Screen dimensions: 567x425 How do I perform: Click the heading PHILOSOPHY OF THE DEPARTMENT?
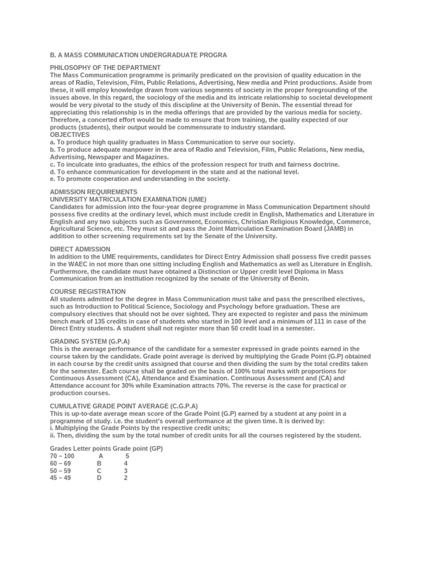(x=105, y=68)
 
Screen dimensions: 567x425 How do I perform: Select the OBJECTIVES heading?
(x=70, y=135)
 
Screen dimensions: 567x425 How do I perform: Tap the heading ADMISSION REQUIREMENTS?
(x=94, y=192)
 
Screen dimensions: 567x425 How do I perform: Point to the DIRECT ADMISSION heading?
(x=80, y=249)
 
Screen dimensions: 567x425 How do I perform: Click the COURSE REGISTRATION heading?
(x=87, y=291)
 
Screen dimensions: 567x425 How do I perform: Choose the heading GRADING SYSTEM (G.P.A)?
(x=90, y=341)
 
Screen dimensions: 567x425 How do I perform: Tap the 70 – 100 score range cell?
(x=62, y=456)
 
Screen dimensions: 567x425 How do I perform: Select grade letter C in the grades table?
(x=99, y=470)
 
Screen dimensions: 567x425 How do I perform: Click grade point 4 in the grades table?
(x=126, y=463)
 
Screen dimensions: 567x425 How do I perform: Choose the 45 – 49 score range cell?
(x=60, y=477)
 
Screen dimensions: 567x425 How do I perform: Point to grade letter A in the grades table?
(x=101, y=456)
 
